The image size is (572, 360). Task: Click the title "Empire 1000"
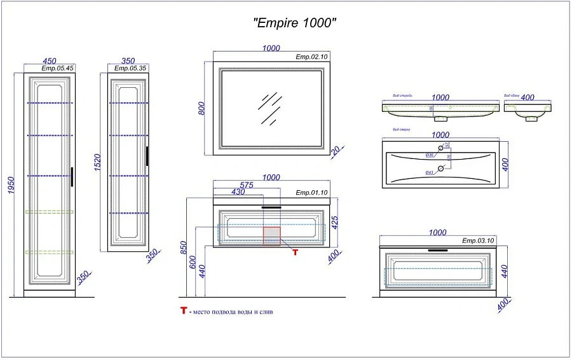pos(294,23)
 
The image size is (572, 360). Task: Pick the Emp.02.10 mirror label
pos(311,57)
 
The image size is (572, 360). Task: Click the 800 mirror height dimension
pos(201,108)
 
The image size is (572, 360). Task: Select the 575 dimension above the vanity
pos(247,184)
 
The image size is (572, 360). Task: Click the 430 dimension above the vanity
pos(238,192)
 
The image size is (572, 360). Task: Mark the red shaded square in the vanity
pos(272,235)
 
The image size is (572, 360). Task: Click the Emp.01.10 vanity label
pos(311,192)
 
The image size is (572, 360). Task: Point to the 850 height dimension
pos(184,246)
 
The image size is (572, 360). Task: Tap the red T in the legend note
pos(183,312)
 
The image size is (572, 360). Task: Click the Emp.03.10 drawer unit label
pos(477,240)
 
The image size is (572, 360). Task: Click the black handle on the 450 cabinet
pos(72,177)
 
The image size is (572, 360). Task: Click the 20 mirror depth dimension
pos(336,151)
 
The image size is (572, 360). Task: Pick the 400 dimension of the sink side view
pos(528,97)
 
